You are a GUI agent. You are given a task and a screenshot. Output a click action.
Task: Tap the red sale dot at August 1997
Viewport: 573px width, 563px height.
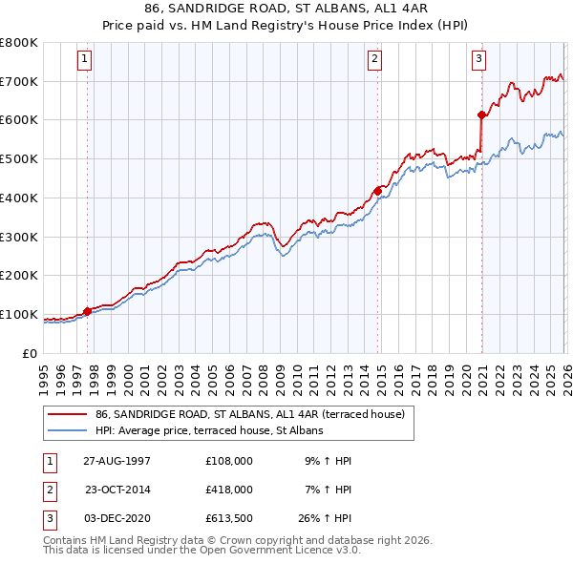(87, 311)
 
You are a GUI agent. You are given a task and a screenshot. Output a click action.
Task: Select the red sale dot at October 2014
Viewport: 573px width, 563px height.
(377, 191)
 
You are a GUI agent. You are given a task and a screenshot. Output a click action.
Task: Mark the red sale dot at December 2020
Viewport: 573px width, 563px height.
(481, 115)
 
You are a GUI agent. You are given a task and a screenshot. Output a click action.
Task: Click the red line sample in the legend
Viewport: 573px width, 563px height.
(69, 414)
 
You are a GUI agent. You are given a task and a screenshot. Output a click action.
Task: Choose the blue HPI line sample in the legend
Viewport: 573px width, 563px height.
(69, 430)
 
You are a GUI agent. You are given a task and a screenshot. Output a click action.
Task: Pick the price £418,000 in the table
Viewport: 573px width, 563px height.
(229, 490)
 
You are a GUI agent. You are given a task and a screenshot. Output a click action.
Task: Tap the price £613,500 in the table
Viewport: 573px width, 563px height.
(229, 518)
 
